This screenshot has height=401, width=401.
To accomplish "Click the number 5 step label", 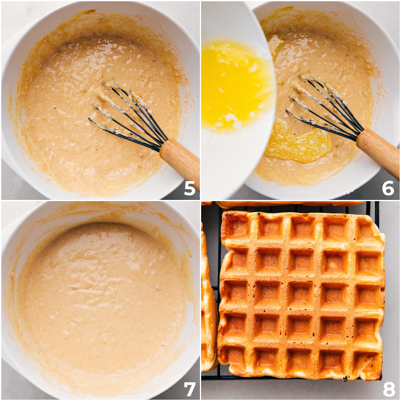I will [x=189, y=188].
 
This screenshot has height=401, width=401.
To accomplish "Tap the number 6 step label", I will [x=388, y=188].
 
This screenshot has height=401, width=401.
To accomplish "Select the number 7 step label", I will [x=189, y=389].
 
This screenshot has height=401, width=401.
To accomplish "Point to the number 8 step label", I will [x=389, y=389].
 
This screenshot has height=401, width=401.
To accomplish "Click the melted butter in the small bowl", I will [x=234, y=84].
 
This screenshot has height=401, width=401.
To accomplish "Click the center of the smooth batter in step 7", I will [x=100, y=294].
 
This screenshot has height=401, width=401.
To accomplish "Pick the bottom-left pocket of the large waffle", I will [x=236, y=357].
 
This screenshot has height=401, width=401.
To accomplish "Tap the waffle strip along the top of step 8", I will [x=287, y=204].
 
